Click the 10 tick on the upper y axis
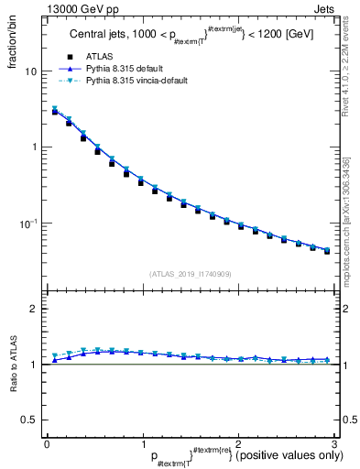point(32,71)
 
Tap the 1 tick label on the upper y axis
point(35,147)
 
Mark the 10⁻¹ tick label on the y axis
point(29,223)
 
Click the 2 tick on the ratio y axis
point(35,310)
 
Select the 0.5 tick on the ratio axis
point(29,420)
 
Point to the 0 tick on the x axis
point(47,443)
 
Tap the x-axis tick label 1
point(142,443)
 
